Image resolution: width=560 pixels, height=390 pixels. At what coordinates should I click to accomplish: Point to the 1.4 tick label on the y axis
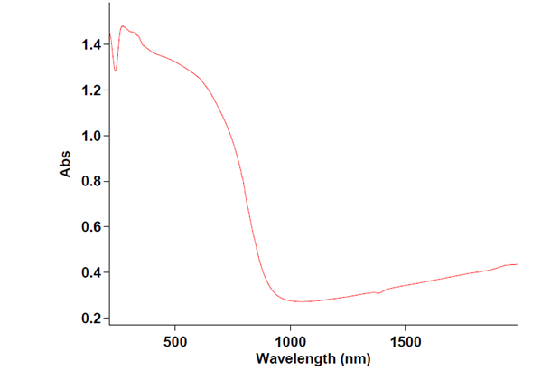(x=91, y=44)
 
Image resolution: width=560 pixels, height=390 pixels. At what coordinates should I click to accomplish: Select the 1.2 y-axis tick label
(x=91, y=90)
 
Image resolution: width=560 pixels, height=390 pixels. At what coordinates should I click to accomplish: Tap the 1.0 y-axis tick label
(x=91, y=136)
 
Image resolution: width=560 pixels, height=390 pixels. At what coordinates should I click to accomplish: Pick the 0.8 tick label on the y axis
(x=91, y=182)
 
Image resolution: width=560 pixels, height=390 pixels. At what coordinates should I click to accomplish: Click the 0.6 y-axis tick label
(x=91, y=227)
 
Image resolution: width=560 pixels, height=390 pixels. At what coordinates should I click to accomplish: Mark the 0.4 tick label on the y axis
(x=91, y=272)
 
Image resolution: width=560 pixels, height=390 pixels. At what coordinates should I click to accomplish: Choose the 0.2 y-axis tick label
(x=91, y=319)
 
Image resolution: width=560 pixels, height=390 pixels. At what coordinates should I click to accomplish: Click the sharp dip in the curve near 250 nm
(x=115, y=71)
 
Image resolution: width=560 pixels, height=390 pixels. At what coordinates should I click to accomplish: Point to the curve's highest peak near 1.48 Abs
(x=122, y=26)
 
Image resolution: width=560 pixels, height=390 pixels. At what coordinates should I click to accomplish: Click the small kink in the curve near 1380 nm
(x=378, y=293)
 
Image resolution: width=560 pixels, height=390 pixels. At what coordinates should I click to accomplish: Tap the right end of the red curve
(x=517, y=264)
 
